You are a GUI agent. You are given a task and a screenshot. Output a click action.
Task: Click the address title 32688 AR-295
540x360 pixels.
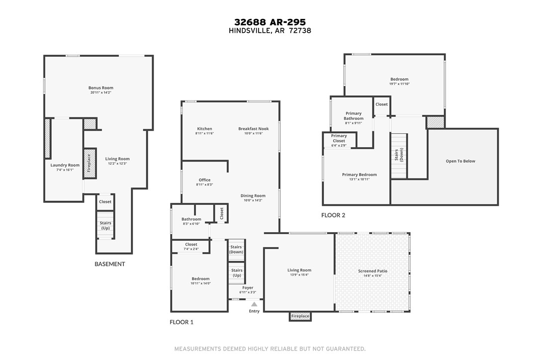[270, 22]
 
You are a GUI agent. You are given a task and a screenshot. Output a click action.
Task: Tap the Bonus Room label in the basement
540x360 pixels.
[101, 88]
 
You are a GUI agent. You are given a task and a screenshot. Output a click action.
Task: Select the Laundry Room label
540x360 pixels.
[65, 165]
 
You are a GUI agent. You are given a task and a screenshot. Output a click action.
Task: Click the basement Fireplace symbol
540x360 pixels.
[90, 163]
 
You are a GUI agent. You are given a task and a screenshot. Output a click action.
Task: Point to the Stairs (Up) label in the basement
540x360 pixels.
[105, 226]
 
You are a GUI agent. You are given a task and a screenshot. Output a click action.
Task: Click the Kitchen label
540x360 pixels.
[204, 129]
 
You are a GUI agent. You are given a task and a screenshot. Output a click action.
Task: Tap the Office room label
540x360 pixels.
[204, 180]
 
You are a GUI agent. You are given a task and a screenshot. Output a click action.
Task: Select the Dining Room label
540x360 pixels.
[253, 196]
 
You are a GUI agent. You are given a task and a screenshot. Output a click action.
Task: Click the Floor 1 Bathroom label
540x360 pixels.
[191, 219]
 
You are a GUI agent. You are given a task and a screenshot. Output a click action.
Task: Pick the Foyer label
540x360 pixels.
[248, 288]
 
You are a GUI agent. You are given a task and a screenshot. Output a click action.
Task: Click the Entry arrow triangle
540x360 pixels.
[254, 304]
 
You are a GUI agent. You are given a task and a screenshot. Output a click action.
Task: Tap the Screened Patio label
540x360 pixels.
[372, 271]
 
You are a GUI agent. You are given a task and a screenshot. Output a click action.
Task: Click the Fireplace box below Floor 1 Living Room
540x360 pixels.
[300, 316]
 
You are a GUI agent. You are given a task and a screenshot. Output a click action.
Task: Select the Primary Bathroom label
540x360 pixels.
[354, 116]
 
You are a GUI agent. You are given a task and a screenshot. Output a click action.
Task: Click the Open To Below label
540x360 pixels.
[460, 161]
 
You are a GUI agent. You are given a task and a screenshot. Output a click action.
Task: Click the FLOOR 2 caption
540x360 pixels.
[333, 215]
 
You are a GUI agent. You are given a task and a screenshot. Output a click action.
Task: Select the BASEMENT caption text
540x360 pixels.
[109, 264]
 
